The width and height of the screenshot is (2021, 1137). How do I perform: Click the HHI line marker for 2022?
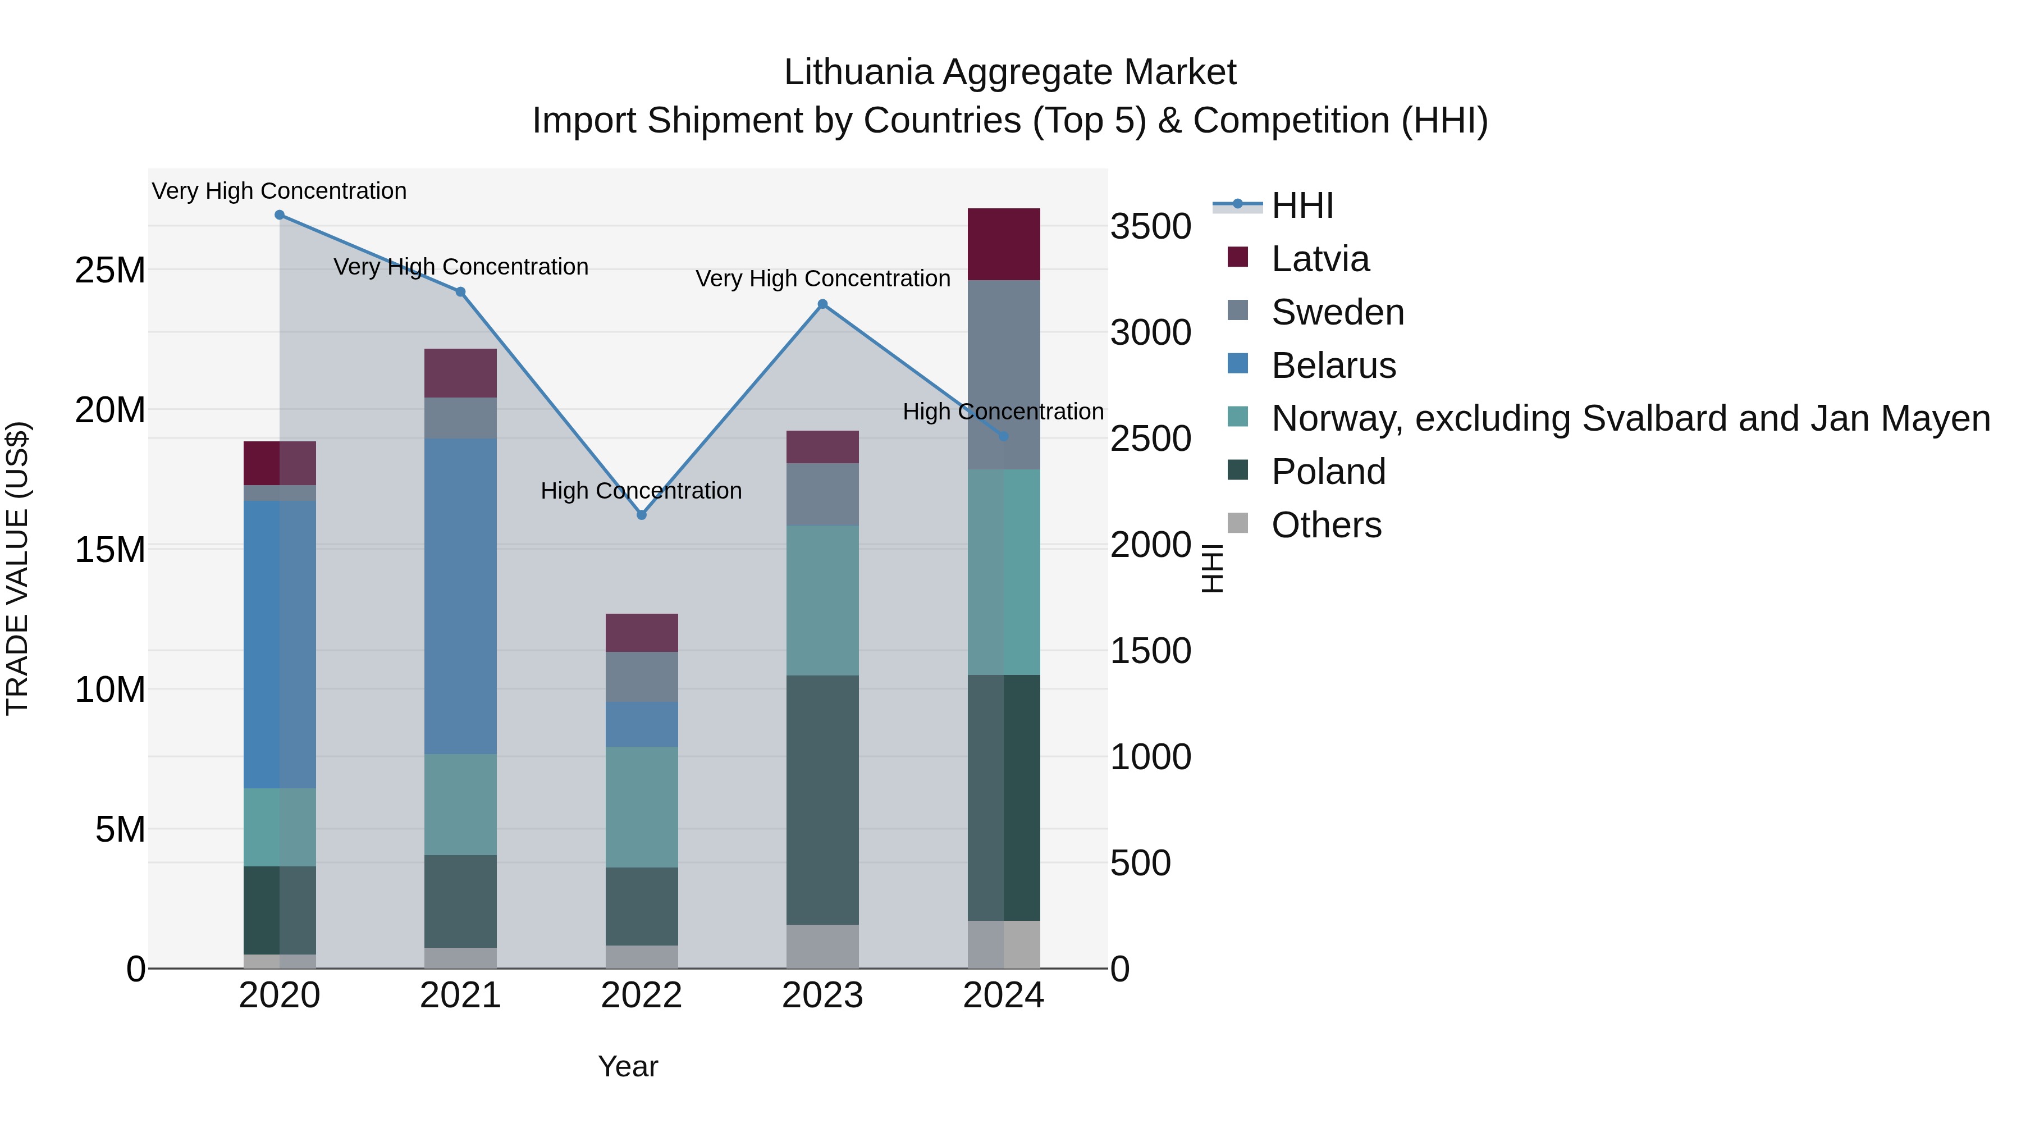click(x=641, y=515)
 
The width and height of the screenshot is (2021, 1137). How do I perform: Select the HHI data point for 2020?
click(x=280, y=215)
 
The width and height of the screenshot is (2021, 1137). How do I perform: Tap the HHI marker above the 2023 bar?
click(x=822, y=304)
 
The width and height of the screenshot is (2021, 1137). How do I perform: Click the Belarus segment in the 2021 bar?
click(x=460, y=596)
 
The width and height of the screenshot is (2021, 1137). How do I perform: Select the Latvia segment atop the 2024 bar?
click(x=1003, y=244)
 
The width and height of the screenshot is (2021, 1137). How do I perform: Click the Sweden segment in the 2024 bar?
click(x=1003, y=375)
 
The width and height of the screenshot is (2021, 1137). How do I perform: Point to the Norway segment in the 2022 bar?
click(x=641, y=807)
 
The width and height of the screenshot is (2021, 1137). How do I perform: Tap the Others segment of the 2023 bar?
click(x=822, y=946)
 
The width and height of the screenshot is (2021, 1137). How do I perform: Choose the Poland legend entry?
click(x=1328, y=472)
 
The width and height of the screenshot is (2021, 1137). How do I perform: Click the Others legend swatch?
click(x=1237, y=523)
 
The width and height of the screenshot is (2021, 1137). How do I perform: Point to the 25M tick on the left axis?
click(x=110, y=271)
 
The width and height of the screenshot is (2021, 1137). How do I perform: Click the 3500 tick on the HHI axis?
click(x=1150, y=227)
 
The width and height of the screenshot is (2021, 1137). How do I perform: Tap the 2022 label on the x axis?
click(x=641, y=996)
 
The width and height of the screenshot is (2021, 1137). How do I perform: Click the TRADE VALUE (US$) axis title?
click(x=17, y=568)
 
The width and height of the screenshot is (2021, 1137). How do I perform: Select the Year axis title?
click(x=628, y=1066)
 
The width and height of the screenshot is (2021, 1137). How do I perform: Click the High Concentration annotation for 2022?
click(x=641, y=491)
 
